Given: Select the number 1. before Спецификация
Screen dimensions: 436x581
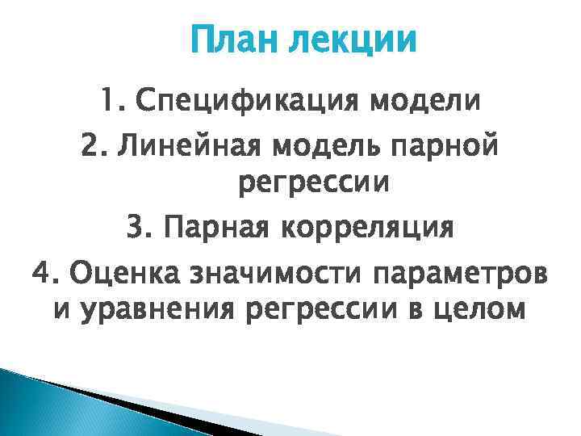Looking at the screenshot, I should tap(115, 102).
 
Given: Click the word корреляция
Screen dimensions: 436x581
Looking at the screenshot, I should tap(367, 228).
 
